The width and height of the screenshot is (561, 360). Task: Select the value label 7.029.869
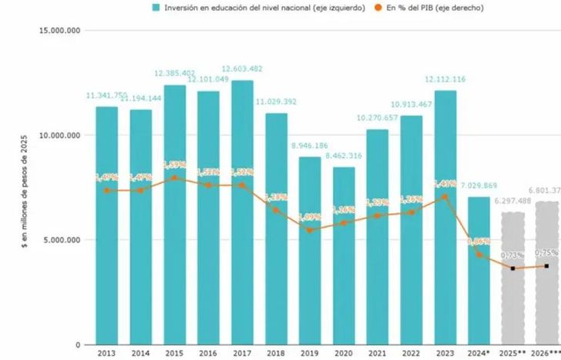[479, 187]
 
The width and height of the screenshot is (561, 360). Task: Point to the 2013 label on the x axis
[106, 354]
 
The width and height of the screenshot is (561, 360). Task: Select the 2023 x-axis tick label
[445, 354]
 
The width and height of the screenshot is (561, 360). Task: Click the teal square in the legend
[156, 8]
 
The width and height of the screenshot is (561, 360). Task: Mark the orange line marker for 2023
[445, 197]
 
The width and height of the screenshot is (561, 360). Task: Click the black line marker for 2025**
[512, 268]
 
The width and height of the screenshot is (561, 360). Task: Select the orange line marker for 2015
[174, 178]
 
